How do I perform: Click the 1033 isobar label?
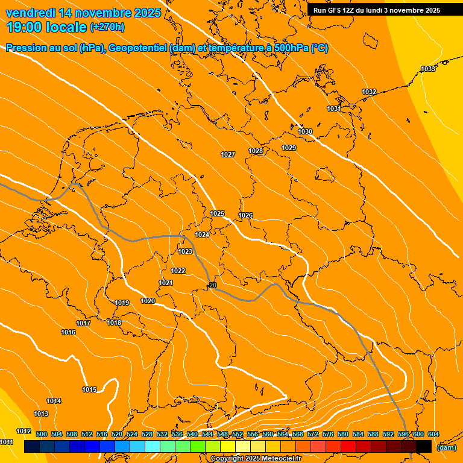pyautogui.click(x=428, y=69)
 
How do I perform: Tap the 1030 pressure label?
pyautogui.click(x=305, y=131)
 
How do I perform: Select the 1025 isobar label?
pyautogui.click(x=217, y=213)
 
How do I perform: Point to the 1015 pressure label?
pyautogui.click(x=89, y=389)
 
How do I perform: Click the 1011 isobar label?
pyautogui.click(x=7, y=442)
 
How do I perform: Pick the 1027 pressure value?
pyautogui.click(x=227, y=155)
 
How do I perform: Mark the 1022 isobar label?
pyautogui.click(x=178, y=271)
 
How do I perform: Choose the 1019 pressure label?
pyautogui.click(x=122, y=303)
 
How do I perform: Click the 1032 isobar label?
pyautogui.click(x=369, y=92)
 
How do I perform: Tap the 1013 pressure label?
pyautogui.click(x=41, y=414)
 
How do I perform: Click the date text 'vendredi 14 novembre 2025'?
pyautogui.click(x=83, y=13)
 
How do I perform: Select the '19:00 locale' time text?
pyautogui.click(x=46, y=27)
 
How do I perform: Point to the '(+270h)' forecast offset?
pyautogui.click(x=107, y=27)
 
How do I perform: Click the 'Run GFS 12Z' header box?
pyautogui.click(x=376, y=10)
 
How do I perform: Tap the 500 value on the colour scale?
pyautogui.click(x=42, y=434)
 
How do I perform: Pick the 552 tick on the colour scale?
pyautogui.click(x=238, y=434)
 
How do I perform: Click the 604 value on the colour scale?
pyautogui.click(x=433, y=434)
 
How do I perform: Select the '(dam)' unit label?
pyautogui.click(x=447, y=447)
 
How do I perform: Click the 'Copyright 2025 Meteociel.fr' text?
pyautogui.click(x=256, y=459)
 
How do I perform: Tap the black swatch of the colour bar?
pyautogui.click(x=424, y=446)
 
